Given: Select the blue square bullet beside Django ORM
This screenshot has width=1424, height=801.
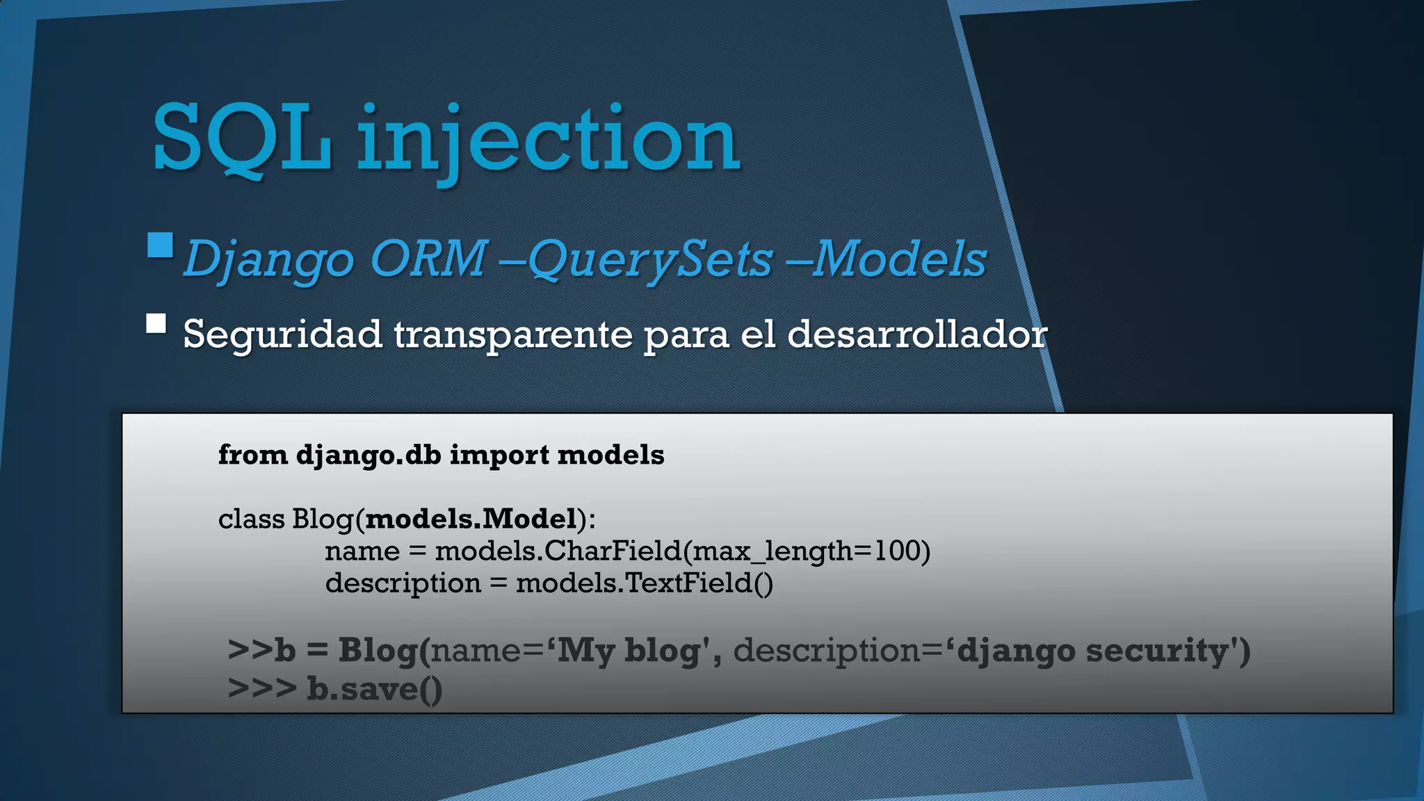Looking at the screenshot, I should tap(160, 245).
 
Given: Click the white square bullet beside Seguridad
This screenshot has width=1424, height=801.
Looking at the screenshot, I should tap(156, 323).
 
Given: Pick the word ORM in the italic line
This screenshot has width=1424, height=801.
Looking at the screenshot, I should tap(428, 259).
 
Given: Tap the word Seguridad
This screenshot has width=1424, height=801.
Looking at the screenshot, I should tap(282, 334).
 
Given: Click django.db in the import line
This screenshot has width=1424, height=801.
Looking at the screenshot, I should tap(369, 455).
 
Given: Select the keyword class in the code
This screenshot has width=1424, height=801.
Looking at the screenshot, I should tap(251, 519).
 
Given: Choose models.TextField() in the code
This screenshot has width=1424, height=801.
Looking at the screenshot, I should tap(644, 583).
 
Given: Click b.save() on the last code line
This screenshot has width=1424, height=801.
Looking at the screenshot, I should tap(374, 689).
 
